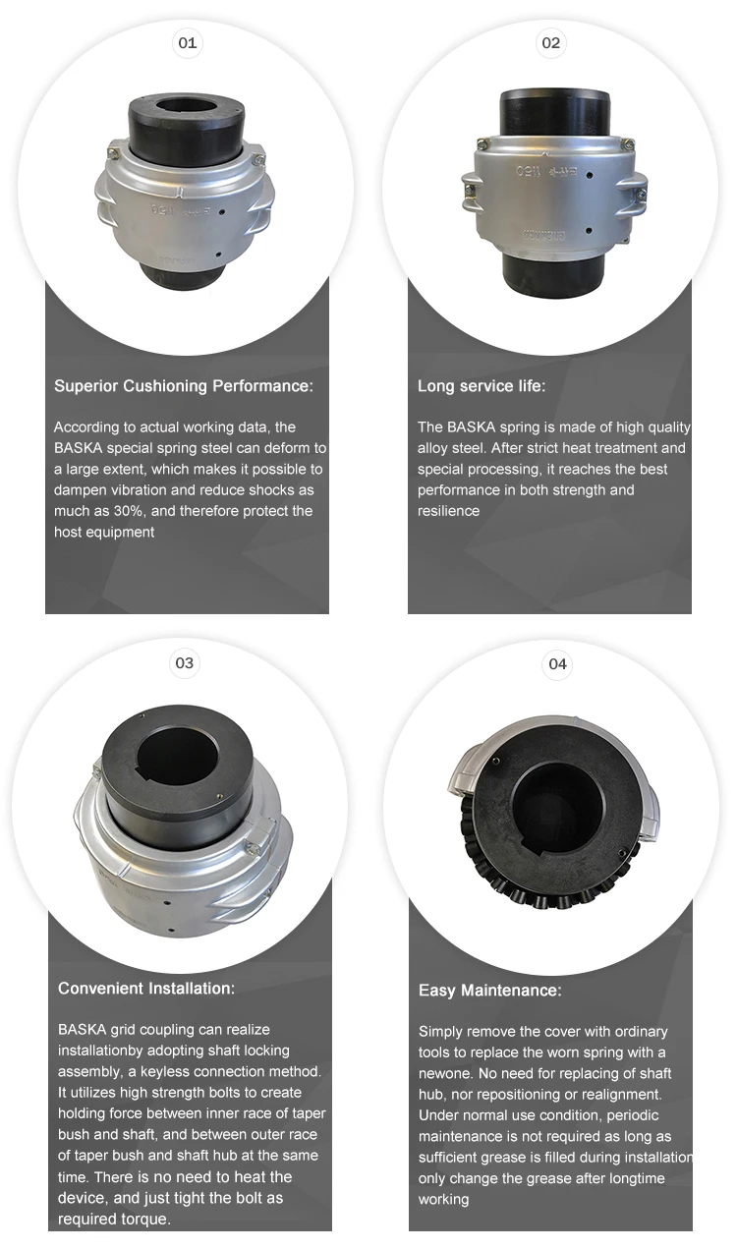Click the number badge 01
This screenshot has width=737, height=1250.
tap(186, 43)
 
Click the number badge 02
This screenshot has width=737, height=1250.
tap(551, 43)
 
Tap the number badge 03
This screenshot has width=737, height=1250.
tap(185, 663)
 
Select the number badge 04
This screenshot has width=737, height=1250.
tap(557, 664)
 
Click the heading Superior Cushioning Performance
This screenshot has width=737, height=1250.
tap(184, 386)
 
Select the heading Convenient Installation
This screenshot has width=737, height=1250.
tap(146, 988)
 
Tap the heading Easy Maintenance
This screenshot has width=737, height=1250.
tap(490, 991)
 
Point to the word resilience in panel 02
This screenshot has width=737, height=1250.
tap(449, 511)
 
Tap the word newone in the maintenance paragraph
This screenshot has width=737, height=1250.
tap(445, 1073)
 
